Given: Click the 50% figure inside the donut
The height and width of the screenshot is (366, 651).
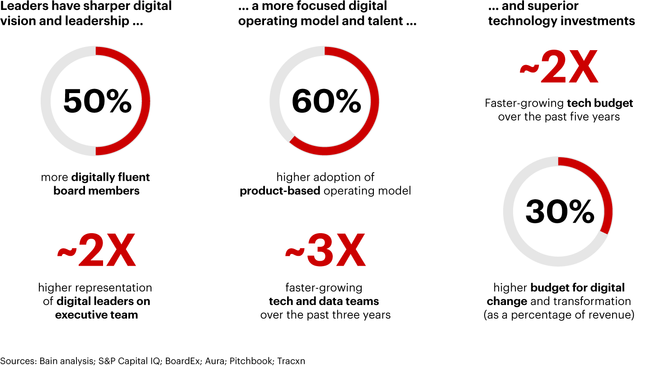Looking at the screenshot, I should point(97,101).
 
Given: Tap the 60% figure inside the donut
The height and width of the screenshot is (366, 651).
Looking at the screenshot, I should point(326,101).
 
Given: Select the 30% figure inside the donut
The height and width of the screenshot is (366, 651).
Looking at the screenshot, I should point(560,211).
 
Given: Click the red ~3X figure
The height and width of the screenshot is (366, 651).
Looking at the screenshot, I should point(325,251).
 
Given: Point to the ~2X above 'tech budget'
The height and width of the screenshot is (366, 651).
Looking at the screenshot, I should point(559,68).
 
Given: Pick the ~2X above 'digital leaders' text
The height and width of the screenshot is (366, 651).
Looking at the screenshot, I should point(96,251).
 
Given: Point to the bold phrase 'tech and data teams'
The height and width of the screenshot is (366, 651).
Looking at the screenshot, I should point(324,301).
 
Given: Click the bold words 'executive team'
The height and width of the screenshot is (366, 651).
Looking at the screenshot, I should point(96,315).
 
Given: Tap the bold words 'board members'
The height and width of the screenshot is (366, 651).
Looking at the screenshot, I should point(96,191).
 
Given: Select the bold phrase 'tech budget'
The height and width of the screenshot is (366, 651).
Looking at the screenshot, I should point(600,103).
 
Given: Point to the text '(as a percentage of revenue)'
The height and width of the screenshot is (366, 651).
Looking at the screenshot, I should point(559,315).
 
